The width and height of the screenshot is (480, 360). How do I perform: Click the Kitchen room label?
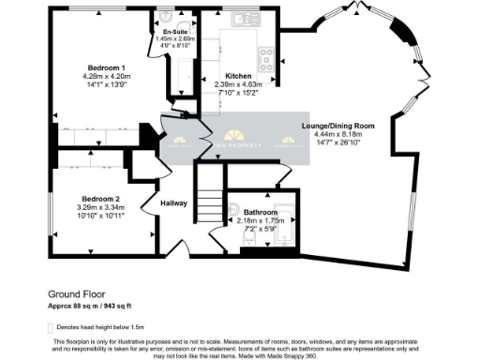[x=239, y=76]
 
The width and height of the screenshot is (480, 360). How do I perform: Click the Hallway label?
[x=173, y=203]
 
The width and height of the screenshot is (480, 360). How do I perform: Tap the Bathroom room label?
[x=254, y=213]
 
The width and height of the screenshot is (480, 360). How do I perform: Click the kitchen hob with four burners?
[x=266, y=60]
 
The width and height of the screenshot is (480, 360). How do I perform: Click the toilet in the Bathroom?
[x=234, y=211]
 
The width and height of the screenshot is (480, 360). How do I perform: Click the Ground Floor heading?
[x=75, y=294]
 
